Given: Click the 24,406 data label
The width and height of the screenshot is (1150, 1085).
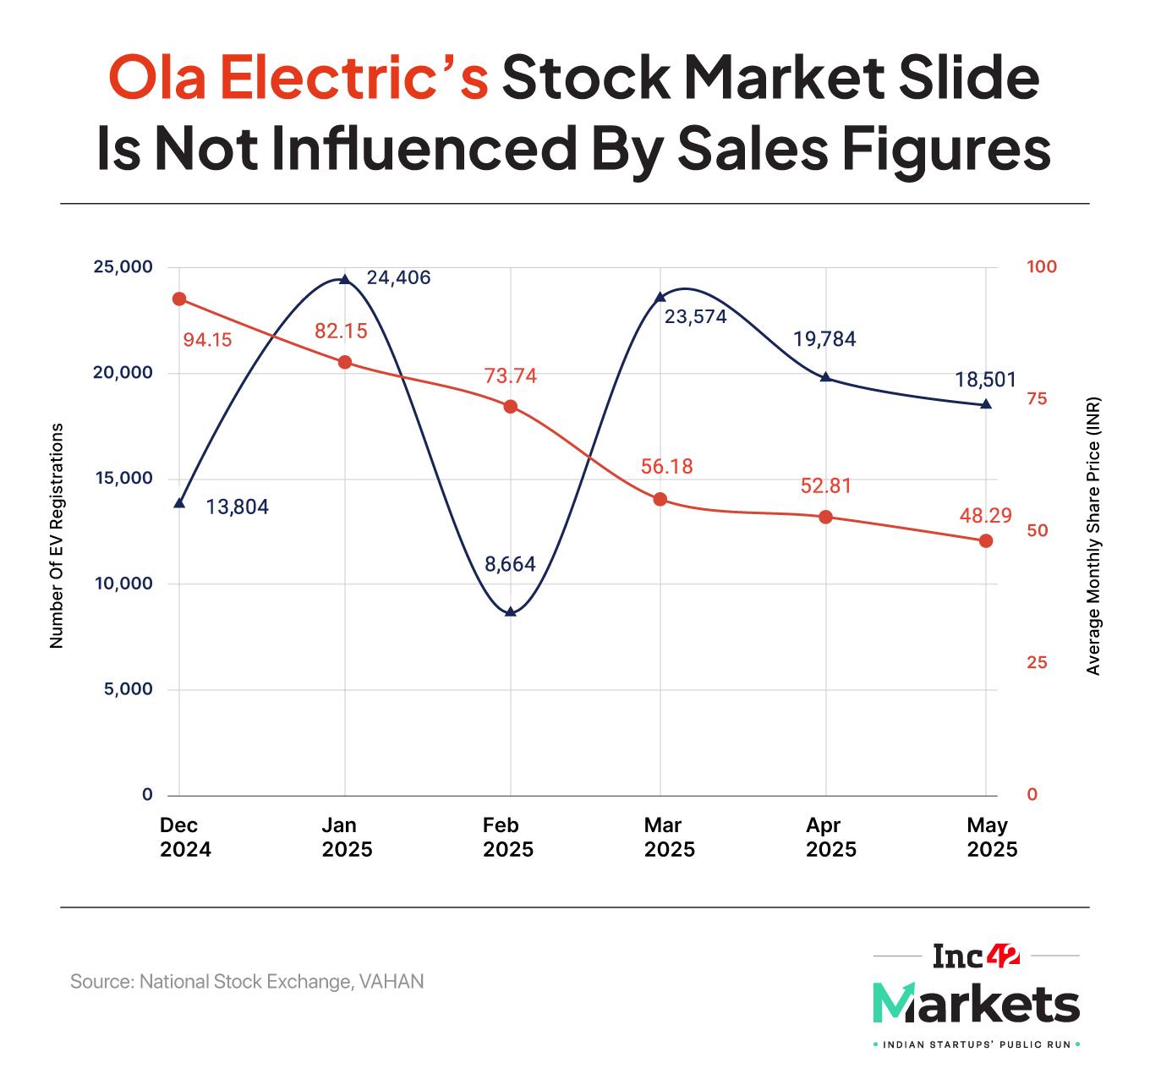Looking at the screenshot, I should click(x=398, y=277).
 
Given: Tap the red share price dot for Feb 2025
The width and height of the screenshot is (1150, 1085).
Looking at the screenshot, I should click(x=510, y=407).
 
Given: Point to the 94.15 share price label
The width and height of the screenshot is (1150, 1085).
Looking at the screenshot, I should click(x=207, y=340).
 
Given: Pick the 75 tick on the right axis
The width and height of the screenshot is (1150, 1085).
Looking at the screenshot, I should click(x=1036, y=399).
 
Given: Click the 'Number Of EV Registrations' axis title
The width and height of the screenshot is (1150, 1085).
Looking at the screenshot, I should click(x=57, y=537).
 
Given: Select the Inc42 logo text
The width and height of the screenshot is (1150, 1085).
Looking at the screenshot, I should click(x=976, y=956).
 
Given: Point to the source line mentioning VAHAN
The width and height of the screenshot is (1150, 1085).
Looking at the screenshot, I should click(x=247, y=982).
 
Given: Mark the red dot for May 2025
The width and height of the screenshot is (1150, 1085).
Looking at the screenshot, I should click(x=985, y=540).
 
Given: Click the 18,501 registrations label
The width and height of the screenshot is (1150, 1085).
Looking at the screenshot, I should click(x=985, y=380).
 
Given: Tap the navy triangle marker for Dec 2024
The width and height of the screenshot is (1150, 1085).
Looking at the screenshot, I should click(x=178, y=503).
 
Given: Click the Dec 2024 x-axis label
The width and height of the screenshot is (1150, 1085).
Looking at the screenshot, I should click(x=185, y=836).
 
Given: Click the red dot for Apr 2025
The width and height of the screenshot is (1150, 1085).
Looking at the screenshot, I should click(x=826, y=517).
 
